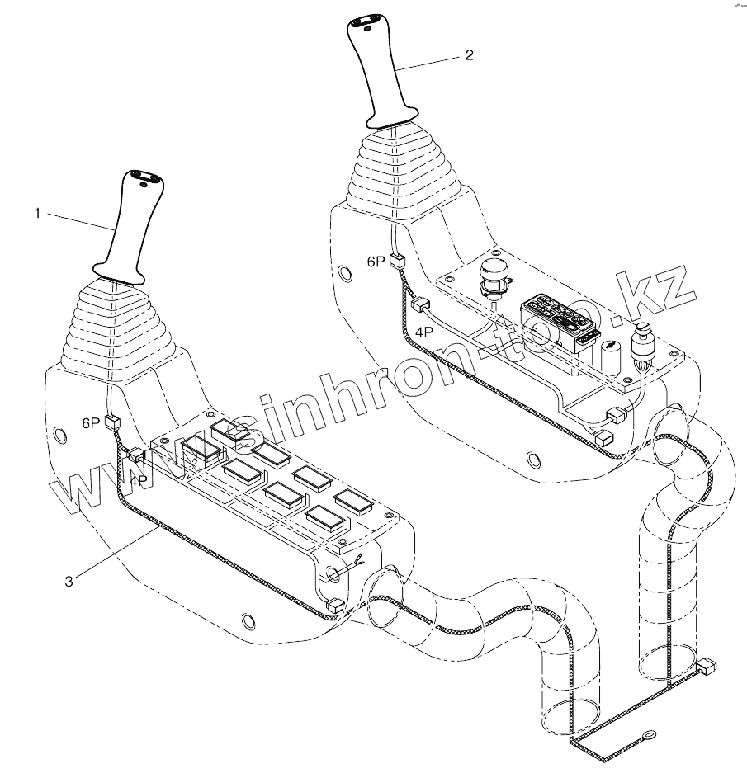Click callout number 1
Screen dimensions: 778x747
tap(37, 214)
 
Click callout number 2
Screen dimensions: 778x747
tap(469, 55)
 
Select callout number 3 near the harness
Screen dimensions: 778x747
tap(69, 581)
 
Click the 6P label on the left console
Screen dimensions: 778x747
tap(90, 422)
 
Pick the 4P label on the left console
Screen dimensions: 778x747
tap(138, 479)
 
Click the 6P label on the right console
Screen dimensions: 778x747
tap(376, 262)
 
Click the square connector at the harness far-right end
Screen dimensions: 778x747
tap(708, 666)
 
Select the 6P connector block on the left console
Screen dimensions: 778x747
tap(113, 424)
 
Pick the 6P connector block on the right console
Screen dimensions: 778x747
tap(399, 262)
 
